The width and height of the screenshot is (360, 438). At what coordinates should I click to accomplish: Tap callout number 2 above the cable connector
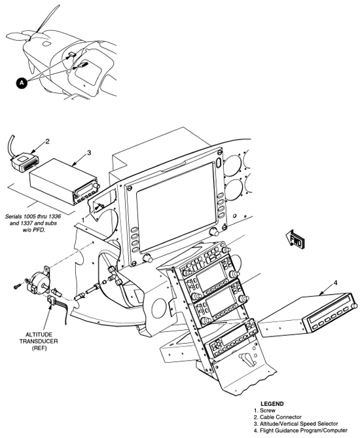pos(46,141)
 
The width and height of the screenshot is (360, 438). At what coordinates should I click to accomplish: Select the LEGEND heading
pos(272,404)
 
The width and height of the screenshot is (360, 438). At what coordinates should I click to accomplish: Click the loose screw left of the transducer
pos(16,286)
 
